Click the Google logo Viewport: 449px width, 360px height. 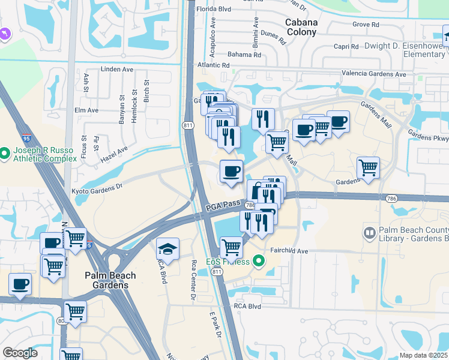[20, 353]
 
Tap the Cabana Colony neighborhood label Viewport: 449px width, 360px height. [301, 27]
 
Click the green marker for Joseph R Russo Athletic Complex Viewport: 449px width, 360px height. [5, 153]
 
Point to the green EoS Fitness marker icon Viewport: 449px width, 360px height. [259, 261]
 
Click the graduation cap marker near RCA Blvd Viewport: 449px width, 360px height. [167, 249]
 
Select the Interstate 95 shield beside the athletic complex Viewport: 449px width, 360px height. [25, 138]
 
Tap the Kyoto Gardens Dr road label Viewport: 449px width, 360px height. [98, 186]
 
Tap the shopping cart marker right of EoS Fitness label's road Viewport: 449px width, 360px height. [231, 247]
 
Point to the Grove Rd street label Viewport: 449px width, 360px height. [366, 25]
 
